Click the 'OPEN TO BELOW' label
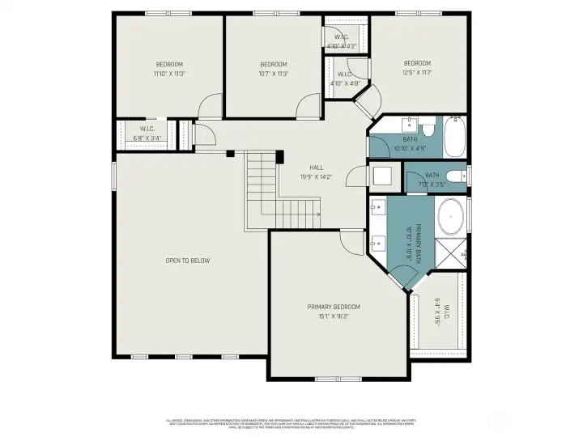(188, 261)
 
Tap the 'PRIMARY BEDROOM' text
(333, 307)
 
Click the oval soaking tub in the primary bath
(450, 218)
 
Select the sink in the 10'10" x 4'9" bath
(411, 124)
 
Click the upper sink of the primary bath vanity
(377, 208)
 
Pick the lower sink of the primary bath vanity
(377, 241)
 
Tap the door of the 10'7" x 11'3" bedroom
(309, 106)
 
